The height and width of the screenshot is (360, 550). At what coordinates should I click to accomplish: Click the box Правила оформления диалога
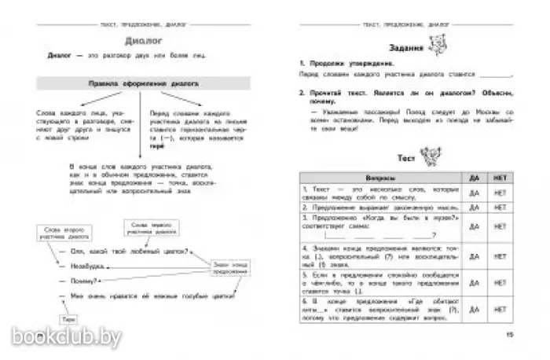(x=141, y=82)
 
